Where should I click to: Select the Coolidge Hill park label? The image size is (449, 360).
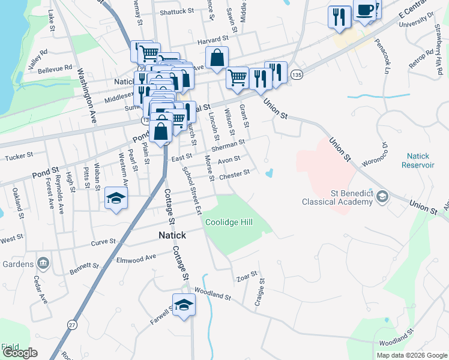click(229, 222)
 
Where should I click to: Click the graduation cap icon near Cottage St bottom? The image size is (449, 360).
click(184, 304)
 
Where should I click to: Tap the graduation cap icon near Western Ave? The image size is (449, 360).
click(116, 199)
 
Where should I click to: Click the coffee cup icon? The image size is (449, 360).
click(365, 10)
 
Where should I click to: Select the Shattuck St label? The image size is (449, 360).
click(177, 11)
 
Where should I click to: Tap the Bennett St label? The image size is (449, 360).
click(83, 265)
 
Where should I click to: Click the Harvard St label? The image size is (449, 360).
click(197, 41)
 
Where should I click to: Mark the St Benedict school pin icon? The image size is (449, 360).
click(382, 196)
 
